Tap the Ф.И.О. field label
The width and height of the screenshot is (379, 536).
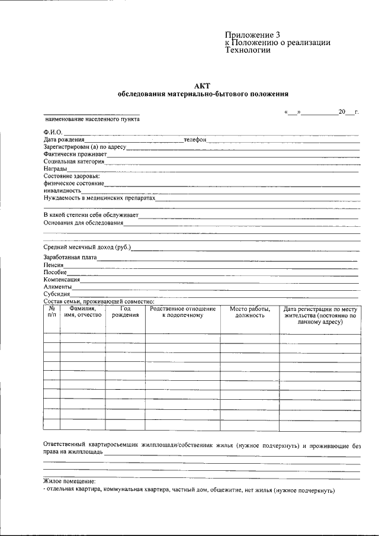click(x=53, y=131)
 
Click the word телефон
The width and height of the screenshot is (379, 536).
click(x=194, y=139)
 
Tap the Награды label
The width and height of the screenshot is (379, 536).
click(x=55, y=169)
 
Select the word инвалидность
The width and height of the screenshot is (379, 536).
click(x=62, y=191)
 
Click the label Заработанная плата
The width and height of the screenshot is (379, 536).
click(x=70, y=258)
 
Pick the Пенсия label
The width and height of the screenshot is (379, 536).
click(x=53, y=265)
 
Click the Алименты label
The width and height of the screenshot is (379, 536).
click(x=57, y=287)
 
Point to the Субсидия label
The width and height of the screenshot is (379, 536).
click(x=57, y=294)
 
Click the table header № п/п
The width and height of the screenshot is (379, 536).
click(x=52, y=312)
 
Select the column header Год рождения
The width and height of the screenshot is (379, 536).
click(x=126, y=312)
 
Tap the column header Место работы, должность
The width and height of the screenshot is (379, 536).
click(x=250, y=312)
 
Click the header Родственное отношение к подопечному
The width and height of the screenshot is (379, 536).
click(x=182, y=312)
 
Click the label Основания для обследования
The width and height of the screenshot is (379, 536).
click(x=83, y=223)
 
